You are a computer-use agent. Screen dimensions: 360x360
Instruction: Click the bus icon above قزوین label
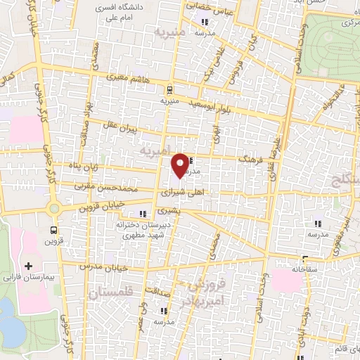pyautogui.click(x=54, y=229)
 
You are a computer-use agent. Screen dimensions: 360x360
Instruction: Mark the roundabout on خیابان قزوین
pyautogui.click(x=54, y=208)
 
